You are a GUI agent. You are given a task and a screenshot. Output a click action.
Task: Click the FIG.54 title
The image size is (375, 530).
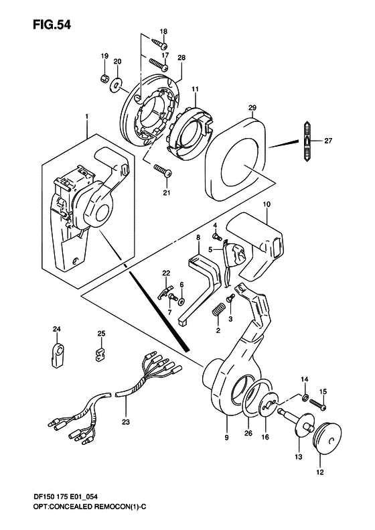[52, 25]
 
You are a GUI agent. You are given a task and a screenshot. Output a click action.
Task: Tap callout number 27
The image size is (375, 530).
[328, 141]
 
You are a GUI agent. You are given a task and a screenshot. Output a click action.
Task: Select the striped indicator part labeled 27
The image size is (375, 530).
[307, 141]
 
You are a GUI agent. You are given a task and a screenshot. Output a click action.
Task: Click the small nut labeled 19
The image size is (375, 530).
[104, 78]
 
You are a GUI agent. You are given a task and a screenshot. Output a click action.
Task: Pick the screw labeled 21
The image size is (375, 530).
[163, 170]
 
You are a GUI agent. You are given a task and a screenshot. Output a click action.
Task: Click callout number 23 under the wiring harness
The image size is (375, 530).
[126, 421]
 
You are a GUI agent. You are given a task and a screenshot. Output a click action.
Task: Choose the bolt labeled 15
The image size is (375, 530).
[317, 405]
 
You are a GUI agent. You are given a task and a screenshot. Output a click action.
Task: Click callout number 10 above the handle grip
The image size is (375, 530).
[267, 204]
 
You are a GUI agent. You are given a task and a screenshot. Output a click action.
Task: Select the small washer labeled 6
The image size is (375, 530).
[182, 300]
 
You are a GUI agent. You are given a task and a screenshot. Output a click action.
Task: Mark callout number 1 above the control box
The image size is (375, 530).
[87, 117]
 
